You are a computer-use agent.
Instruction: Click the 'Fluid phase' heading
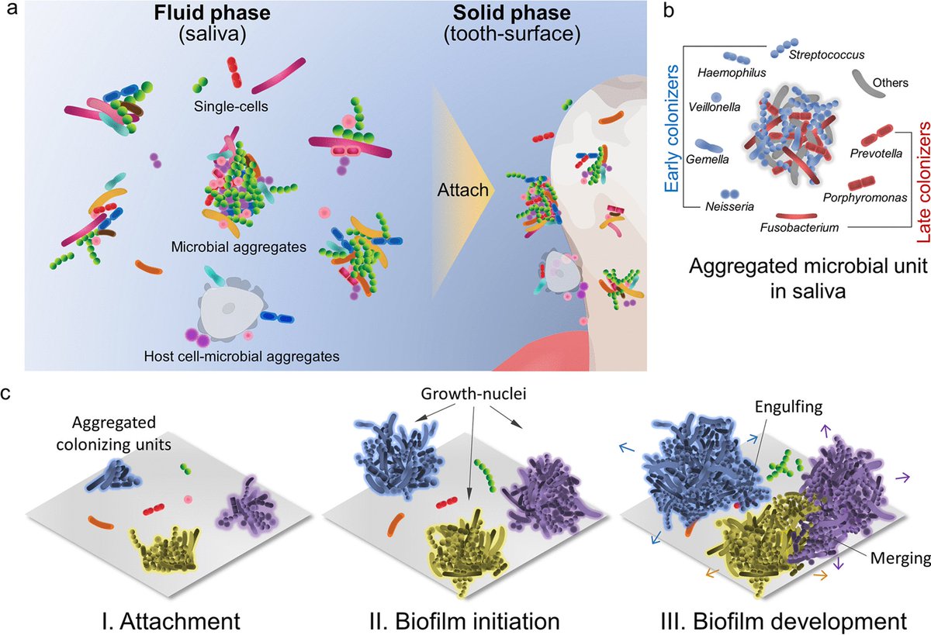tap(212, 13)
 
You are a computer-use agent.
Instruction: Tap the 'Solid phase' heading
tap(511, 13)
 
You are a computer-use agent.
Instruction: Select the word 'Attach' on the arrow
tap(463, 190)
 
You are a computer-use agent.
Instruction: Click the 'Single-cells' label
tap(231, 106)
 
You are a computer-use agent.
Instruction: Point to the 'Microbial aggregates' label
tap(239, 247)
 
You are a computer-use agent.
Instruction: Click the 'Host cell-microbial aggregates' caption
tap(241, 357)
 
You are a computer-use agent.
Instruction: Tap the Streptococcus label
tap(826, 55)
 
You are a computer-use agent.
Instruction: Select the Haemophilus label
tap(732, 73)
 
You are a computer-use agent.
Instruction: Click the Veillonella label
tap(714, 107)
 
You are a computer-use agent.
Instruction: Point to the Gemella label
tap(707, 160)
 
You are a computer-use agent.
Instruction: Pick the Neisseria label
tap(729, 206)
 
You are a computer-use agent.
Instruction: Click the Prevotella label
tap(876, 154)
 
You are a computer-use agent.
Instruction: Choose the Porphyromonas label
tap(865, 198)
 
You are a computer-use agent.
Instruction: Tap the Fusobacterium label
tap(799, 228)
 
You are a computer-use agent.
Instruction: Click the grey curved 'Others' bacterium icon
tap(868, 84)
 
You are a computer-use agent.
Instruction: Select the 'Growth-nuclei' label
tap(473, 394)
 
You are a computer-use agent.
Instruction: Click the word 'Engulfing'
tap(788, 407)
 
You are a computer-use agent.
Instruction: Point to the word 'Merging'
tap(900, 558)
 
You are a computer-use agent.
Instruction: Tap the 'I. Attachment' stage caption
tap(171, 621)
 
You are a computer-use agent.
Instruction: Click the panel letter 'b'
tap(668, 11)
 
